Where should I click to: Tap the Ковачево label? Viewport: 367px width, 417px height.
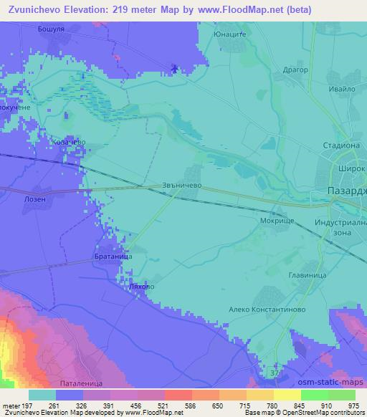[x=69, y=142]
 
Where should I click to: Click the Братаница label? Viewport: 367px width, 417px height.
[x=112, y=256]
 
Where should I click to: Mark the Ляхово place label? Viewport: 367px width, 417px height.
[x=140, y=286]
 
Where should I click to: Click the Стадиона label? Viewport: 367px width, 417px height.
[x=340, y=144]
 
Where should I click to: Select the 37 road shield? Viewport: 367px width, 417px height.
[x=272, y=375]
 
